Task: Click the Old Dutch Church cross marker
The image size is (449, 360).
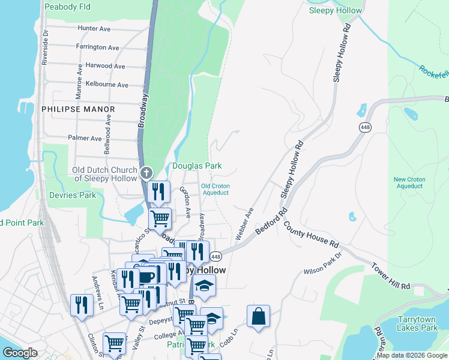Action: (x=146, y=174)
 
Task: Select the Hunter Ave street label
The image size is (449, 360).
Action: (x=94, y=28)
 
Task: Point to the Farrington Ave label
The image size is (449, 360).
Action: (x=97, y=47)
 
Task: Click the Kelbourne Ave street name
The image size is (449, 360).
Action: (x=107, y=85)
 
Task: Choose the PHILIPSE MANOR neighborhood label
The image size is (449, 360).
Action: (x=78, y=109)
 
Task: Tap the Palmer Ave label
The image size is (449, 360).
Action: (x=85, y=138)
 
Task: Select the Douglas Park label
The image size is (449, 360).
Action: (x=197, y=166)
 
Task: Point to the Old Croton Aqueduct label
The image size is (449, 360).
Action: (x=215, y=190)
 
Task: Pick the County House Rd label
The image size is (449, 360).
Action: (x=312, y=235)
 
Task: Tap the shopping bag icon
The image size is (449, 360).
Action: (x=258, y=317)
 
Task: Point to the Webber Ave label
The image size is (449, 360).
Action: (x=246, y=224)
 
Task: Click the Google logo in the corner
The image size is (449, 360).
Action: (x=19, y=353)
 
